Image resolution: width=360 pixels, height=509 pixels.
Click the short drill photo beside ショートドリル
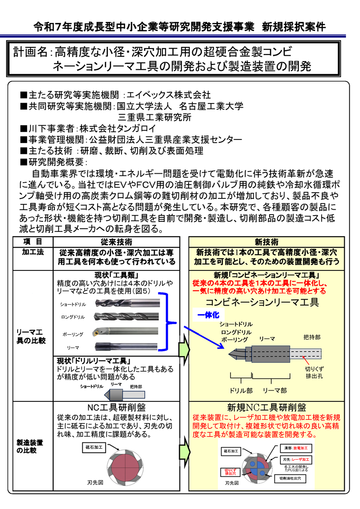pos(126,303)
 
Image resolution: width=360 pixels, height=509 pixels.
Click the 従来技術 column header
pos(117,242)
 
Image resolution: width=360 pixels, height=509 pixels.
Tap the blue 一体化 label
pos(208,315)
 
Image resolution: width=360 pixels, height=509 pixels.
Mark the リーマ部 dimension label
pos(274,390)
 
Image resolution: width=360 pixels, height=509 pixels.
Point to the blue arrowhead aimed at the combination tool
pos(221,346)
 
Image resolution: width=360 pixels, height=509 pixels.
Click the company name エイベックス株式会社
pos(168,95)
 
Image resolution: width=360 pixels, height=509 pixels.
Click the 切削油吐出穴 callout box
pos(293,477)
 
